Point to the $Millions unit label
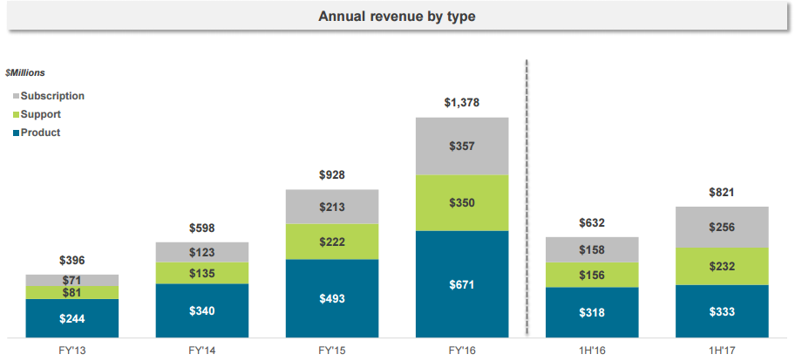click(x=25, y=72)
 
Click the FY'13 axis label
click(x=72, y=349)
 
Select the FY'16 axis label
click(x=462, y=349)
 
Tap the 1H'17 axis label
click(x=723, y=349)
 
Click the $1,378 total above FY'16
click(x=462, y=103)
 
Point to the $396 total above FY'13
click(x=72, y=260)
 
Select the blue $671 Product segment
click(x=462, y=284)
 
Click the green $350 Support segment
click(x=462, y=202)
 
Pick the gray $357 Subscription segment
click(x=462, y=146)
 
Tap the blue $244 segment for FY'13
click(x=72, y=318)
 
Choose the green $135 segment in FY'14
click(x=202, y=273)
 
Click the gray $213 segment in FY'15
click(x=332, y=207)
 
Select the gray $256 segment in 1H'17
click(x=723, y=227)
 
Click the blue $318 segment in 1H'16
click(x=593, y=312)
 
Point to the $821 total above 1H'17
click(x=723, y=192)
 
